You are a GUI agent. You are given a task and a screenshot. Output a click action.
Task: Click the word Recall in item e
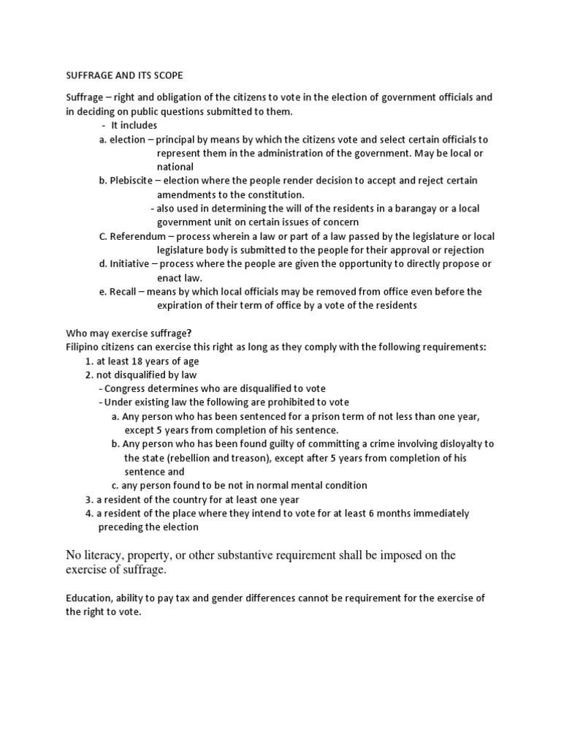pyautogui.click(x=124, y=291)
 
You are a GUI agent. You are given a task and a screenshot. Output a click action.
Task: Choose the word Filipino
pyautogui.click(x=84, y=347)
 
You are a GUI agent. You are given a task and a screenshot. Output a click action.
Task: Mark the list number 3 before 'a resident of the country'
pyautogui.click(x=88, y=500)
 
